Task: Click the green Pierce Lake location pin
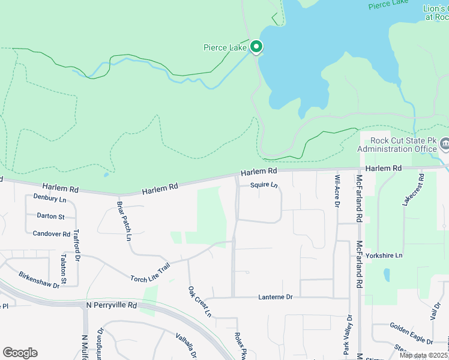point(256,46)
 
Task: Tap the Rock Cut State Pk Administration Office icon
point(445,143)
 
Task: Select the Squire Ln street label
point(264,185)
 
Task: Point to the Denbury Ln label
point(50,197)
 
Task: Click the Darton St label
point(50,215)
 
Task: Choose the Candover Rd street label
point(52,233)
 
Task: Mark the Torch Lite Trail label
point(151,271)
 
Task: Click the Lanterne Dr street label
point(276,297)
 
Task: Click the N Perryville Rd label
point(112,305)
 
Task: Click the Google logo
point(20,353)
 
